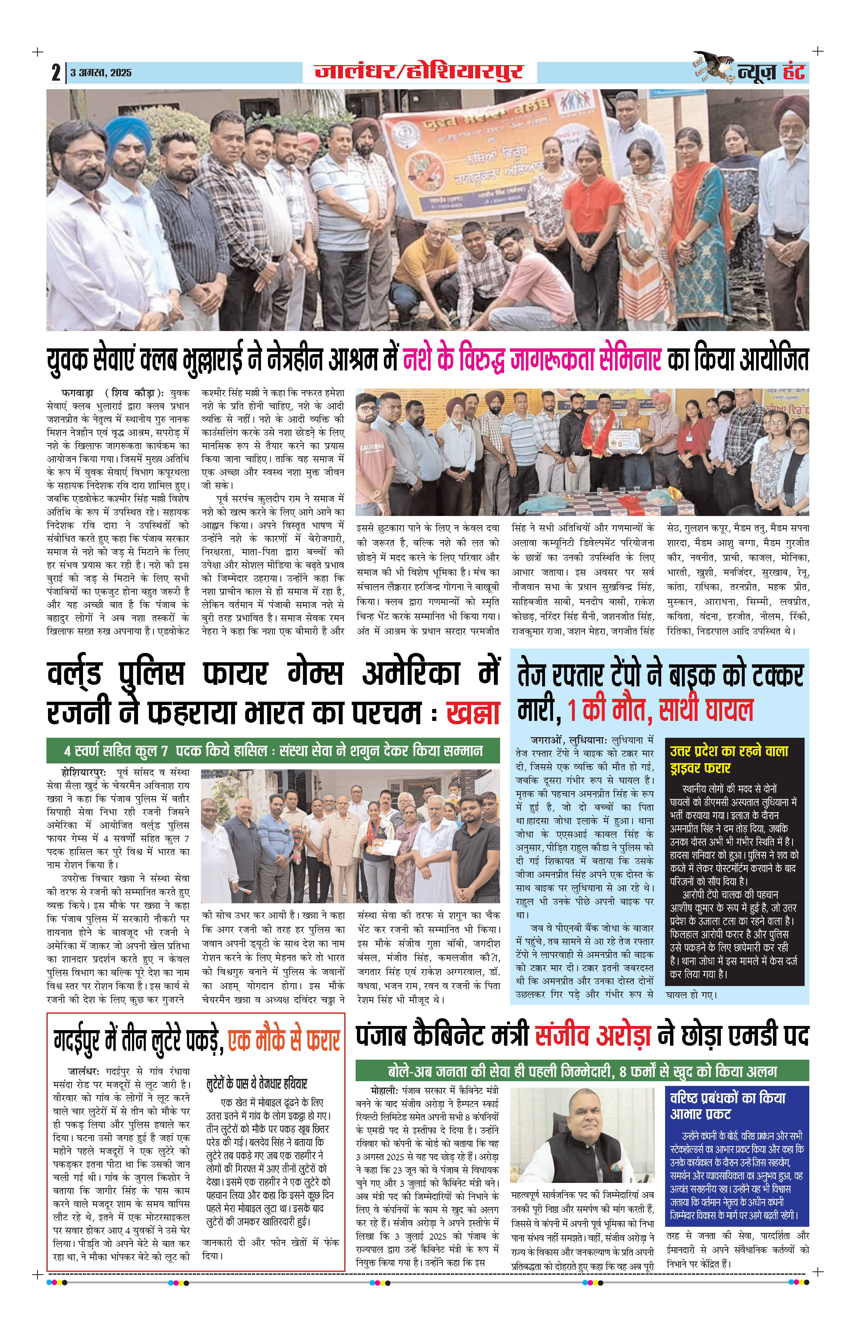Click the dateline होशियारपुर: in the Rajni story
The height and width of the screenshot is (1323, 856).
tap(83, 773)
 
